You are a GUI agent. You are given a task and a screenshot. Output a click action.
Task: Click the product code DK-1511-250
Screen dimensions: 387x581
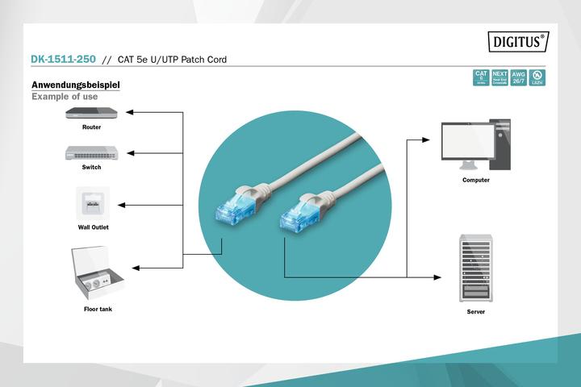[x=63, y=60]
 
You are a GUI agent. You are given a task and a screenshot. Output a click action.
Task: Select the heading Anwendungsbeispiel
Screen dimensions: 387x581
[x=75, y=85]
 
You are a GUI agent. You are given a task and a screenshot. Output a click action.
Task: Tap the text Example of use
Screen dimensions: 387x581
[x=65, y=97]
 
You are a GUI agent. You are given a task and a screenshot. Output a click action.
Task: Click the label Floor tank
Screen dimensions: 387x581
[x=98, y=310]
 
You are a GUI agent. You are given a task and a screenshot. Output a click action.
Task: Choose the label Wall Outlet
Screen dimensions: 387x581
[x=93, y=227]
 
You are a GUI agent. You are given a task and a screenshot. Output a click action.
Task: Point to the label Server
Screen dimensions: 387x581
[x=476, y=311]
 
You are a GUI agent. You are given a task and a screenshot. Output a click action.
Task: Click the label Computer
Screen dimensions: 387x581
[x=475, y=180]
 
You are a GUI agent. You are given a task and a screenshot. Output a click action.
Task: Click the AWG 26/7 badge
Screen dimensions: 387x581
[x=519, y=77]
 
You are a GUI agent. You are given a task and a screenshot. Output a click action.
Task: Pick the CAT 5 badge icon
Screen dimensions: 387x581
[x=480, y=77]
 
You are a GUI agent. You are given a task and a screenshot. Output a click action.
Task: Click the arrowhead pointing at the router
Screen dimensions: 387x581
[x=131, y=112]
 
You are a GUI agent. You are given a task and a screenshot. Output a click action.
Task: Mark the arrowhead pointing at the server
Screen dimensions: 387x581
[x=441, y=278]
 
